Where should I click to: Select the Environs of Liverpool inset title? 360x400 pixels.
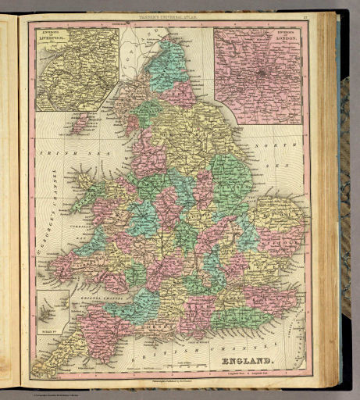58,35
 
